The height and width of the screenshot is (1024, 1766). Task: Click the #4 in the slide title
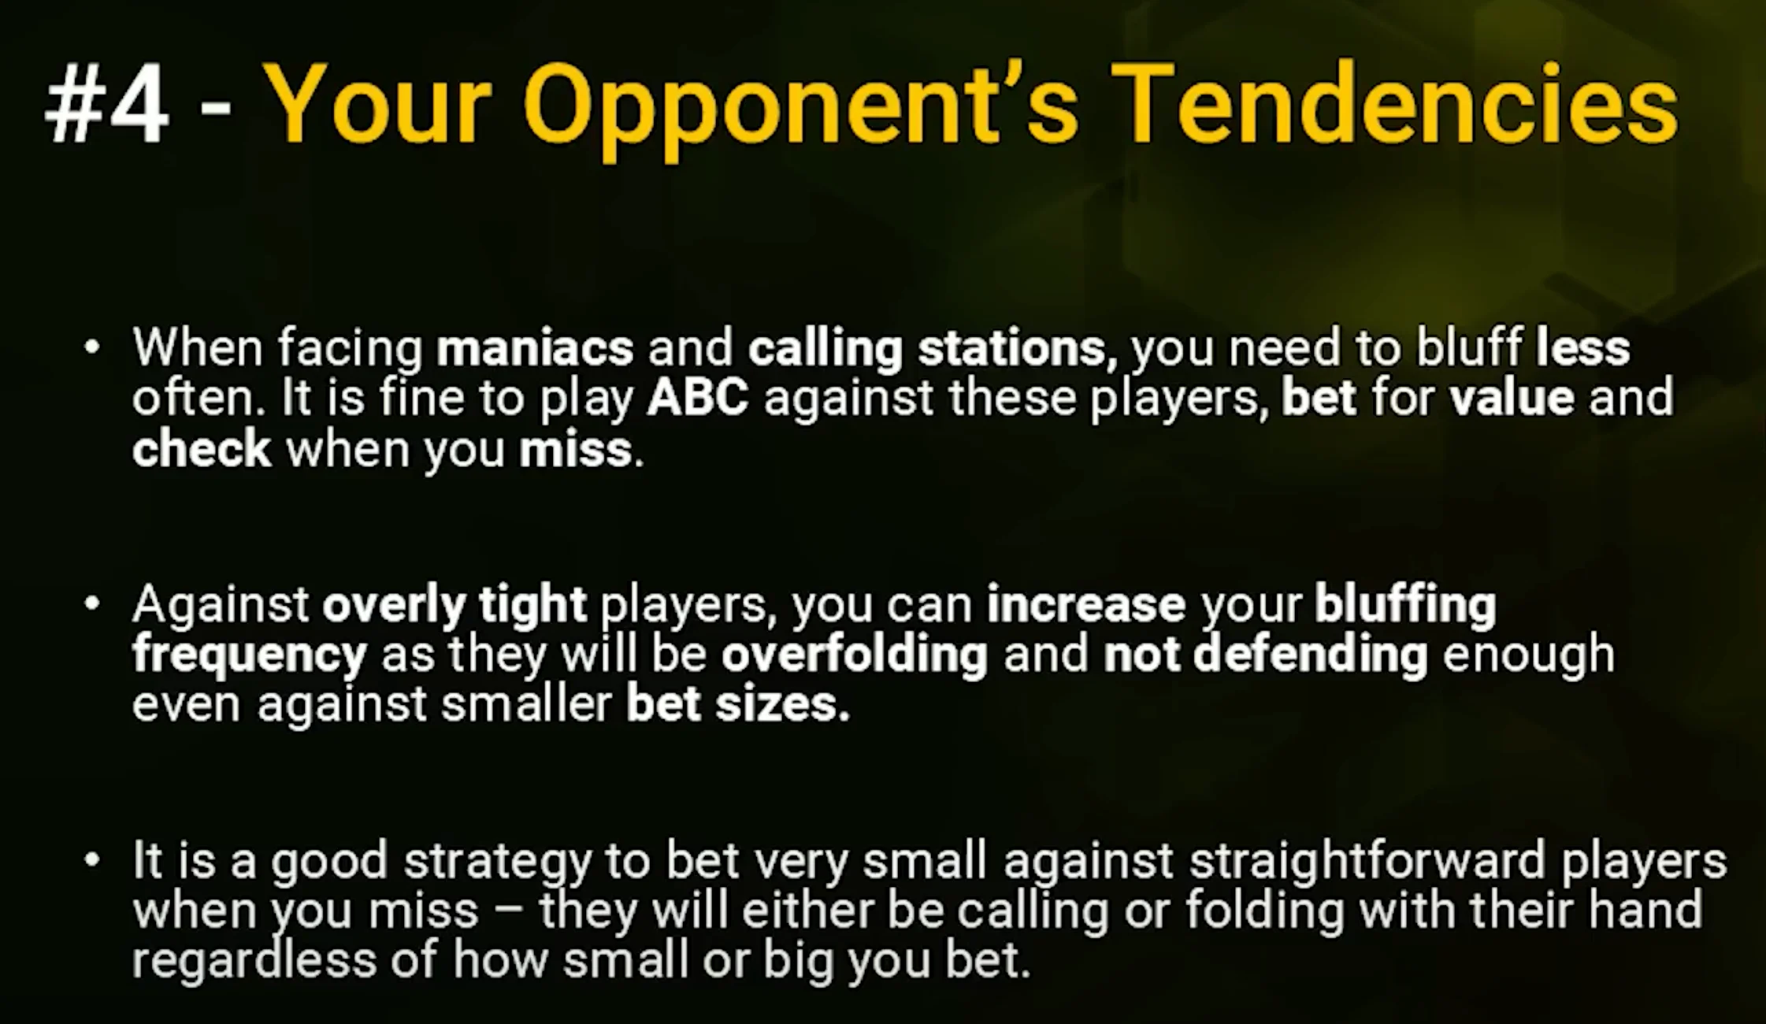[x=106, y=106]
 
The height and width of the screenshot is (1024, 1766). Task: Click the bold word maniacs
[x=535, y=348]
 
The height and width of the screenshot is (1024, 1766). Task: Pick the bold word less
[x=1583, y=347]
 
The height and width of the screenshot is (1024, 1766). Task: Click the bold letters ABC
[x=698, y=398]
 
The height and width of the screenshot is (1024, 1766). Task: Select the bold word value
[x=1512, y=398]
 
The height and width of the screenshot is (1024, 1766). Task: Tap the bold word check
[x=202, y=449]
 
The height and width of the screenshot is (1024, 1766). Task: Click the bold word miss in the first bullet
[x=576, y=449]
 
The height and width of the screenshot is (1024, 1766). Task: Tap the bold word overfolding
[x=855, y=656]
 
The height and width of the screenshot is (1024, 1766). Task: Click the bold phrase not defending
[x=1266, y=656]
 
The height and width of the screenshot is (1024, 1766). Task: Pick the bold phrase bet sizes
[x=738, y=703]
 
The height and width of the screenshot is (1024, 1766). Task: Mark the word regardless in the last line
[x=254, y=960]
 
